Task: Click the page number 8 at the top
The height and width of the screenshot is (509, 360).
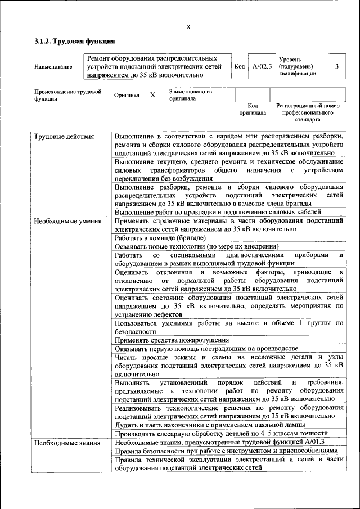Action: pyautogui.click(x=188, y=27)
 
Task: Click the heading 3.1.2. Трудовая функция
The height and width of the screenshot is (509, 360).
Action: pyautogui.click(x=75, y=41)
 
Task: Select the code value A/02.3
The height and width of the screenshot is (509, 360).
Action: pyautogui.click(x=262, y=66)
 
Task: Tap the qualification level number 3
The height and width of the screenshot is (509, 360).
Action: pyautogui.click(x=336, y=66)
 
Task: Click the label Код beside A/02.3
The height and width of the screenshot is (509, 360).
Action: pyautogui.click(x=239, y=66)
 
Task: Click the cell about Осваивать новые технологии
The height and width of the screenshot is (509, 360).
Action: pyautogui.click(x=196, y=246)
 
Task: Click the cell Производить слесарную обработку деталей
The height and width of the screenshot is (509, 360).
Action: pyautogui.click(x=220, y=433)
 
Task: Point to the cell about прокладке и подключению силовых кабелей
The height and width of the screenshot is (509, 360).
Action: pyautogui.click(x=218, y=212)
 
